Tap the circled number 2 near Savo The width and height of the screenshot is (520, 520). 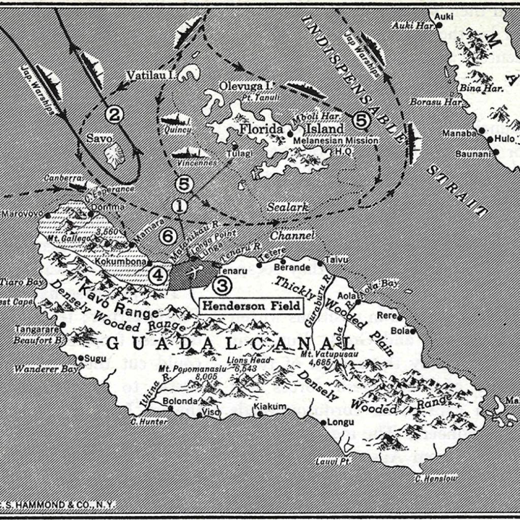[x=114, y=115]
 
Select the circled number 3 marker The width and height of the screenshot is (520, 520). [x=222, y=286]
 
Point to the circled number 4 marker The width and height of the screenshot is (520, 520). [x=158, y=275]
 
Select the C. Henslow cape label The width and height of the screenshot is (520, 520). [x=435, y=478]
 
